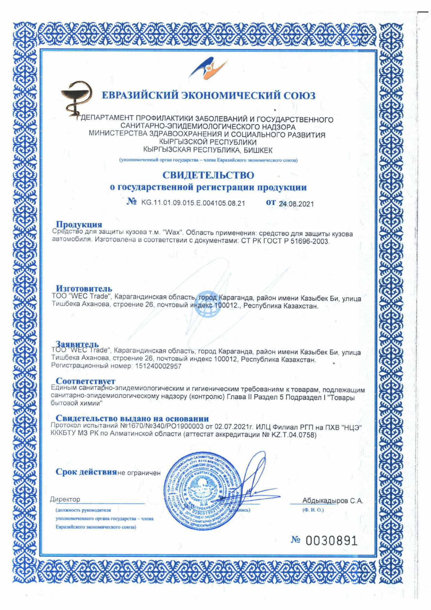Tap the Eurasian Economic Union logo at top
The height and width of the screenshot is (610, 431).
[x=208, y=68]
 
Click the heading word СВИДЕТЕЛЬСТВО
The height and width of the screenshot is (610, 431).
[x=208, y=175]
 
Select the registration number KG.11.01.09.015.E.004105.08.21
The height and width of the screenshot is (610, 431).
[x=193, y=203]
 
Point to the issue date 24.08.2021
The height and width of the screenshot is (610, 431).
[x=296, y=204]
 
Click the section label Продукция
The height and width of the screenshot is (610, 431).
[x=79, y=224]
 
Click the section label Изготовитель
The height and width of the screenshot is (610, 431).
[x=84, y=288]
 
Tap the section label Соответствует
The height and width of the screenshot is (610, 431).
[x=85, y=381]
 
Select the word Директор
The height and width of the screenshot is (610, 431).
[x=65, y=499]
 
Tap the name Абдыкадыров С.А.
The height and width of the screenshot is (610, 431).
[x=332, y=501]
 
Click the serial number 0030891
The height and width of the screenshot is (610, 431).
[x=331, y=541]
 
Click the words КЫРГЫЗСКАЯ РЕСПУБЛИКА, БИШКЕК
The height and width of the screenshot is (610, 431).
[x=208, y=150]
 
